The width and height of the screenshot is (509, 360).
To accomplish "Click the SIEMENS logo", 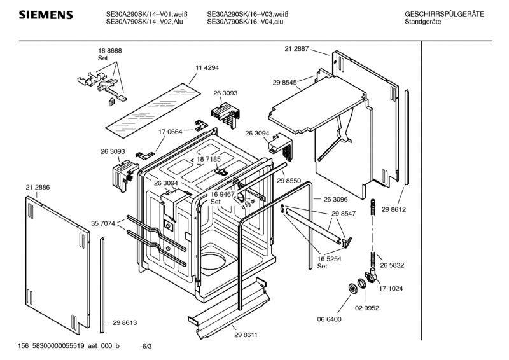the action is pos(46,15).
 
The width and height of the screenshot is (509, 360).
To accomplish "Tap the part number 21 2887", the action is pos(296,49).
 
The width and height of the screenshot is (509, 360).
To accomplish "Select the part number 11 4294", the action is pos(207,68).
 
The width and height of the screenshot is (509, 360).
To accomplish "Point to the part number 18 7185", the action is pos(209,159).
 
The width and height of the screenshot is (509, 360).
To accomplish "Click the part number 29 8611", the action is pos(246,335).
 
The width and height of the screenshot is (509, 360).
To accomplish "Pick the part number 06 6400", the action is pos(329,319).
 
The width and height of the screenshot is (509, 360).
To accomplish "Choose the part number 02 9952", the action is pos(367,308).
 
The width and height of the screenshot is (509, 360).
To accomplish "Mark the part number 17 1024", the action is pos(391,289).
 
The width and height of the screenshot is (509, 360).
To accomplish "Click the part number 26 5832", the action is pos(392,265).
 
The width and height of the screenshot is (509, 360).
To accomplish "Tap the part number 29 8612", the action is pos(393,209).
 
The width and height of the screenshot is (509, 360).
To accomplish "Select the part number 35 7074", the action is pos(103,223).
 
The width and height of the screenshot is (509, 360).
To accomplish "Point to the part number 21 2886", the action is pos(38,187).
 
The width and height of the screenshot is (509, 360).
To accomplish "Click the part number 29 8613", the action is pos(125,322).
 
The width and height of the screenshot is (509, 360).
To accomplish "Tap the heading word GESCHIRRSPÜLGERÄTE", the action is pos(444,14).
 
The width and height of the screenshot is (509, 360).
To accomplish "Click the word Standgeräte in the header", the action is pos(423,22).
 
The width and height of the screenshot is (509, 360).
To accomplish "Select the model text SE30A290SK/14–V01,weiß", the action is pos(147,14).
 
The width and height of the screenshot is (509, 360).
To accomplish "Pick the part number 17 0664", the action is pos(170,132).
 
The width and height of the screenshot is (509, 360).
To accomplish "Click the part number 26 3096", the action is pos(336,199).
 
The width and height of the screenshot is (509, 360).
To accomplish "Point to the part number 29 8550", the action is pos(289,181).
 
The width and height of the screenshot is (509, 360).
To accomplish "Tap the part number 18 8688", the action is pos(110,51).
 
